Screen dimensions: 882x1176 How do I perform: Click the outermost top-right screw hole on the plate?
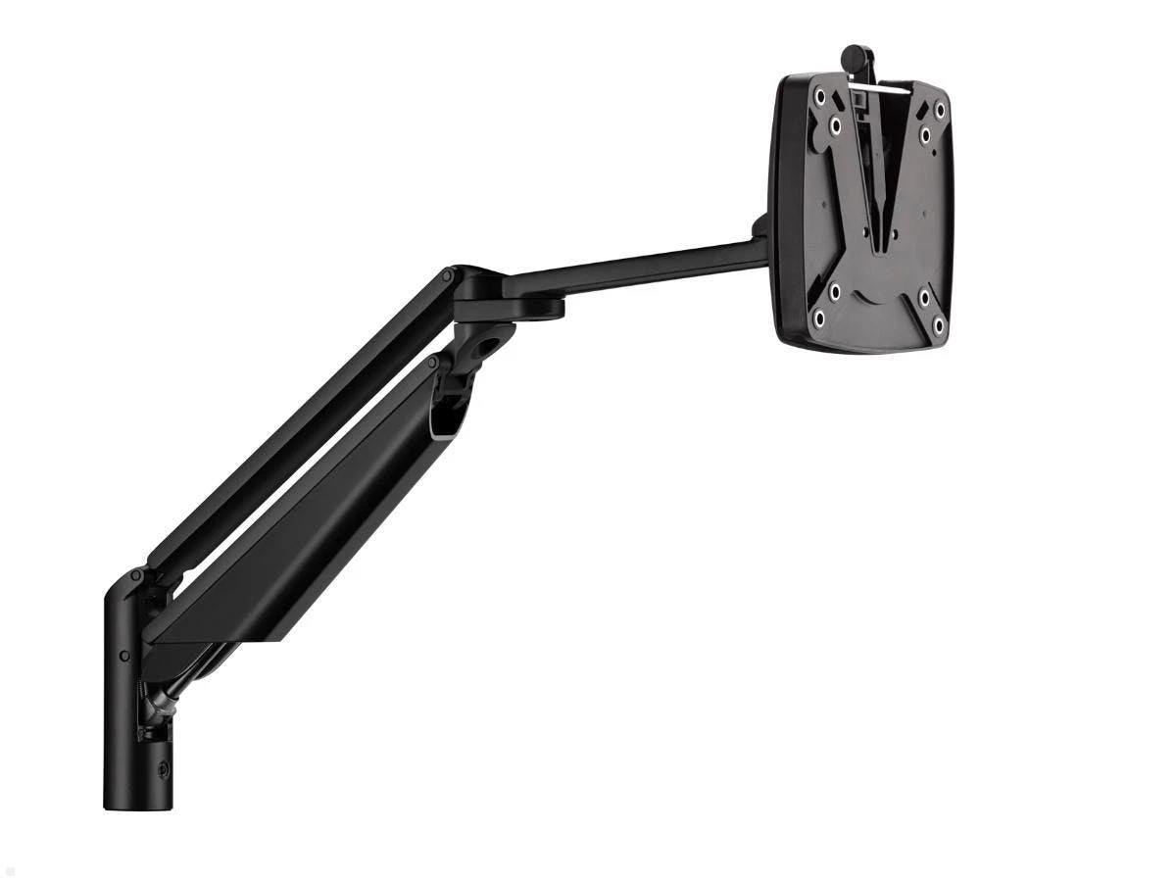(x=940, y=110)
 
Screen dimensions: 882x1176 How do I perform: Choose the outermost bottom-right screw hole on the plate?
(x=938, y=326)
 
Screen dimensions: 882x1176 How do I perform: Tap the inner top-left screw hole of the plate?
(x=835, y=125)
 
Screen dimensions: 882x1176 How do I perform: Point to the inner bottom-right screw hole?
(x=923, y=297)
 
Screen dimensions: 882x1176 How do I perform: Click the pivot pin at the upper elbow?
(x=448, y=277)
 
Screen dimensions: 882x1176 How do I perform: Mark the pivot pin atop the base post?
(x=136, y=579)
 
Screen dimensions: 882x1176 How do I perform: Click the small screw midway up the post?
(x=124, y=655)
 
